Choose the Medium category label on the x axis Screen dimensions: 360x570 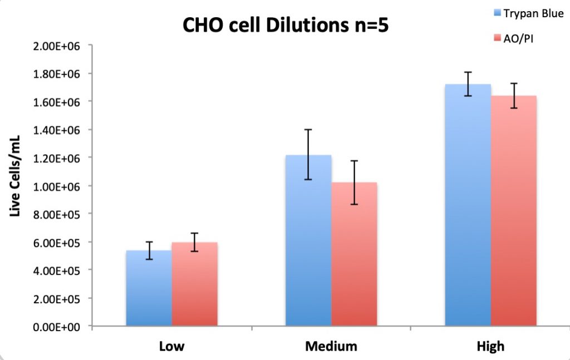331,347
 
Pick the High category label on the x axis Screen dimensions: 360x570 490,347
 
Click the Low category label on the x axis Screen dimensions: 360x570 171,347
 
